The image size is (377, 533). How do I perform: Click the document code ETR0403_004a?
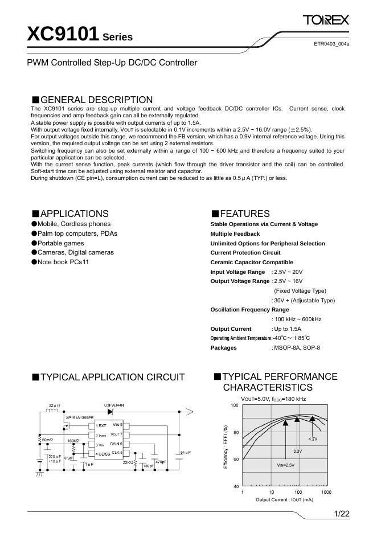tap(331, 44)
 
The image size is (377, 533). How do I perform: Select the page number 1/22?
tap(341, 514)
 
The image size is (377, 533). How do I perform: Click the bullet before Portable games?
tap(34, 243)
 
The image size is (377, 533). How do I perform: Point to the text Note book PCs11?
tap(64, 262)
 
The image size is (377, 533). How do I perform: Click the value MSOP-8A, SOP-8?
tap(297, 347)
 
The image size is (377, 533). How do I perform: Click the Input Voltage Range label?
tap(237, 272)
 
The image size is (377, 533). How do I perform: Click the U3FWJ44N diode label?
tap(114, 405)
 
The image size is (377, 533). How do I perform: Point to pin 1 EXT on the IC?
tap(101, 425)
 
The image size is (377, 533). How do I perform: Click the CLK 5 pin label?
tap(117, 453)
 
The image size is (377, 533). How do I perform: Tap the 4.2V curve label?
tap(313, 439)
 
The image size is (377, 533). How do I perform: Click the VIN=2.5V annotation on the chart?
tap(286, 465)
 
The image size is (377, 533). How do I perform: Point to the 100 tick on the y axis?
tap(235, 405)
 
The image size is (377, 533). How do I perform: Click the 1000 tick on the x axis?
tap(326, 491)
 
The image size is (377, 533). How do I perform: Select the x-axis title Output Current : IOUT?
tap(285, 499)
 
